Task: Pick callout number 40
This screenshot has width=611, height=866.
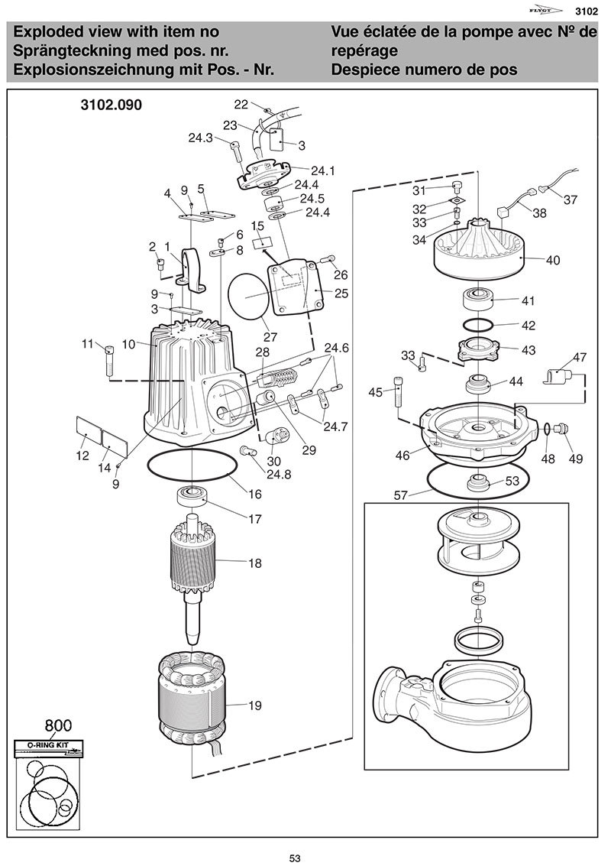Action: [x=553, y=260]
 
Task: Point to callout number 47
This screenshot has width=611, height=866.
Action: [x=580, y=357]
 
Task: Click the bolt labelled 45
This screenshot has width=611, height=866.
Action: [x=397, y=394]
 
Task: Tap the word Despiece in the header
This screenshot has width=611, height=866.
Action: [x=360, y=69]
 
